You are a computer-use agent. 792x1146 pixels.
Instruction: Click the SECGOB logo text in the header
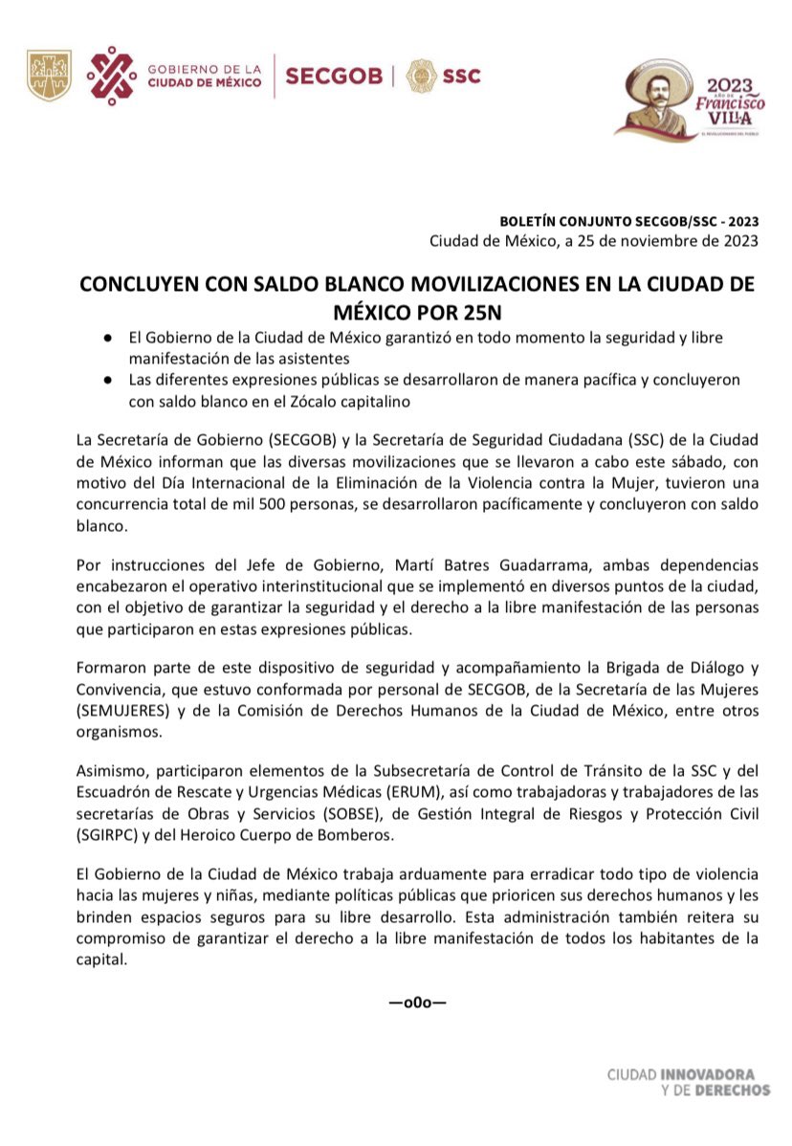(x=334, y=76)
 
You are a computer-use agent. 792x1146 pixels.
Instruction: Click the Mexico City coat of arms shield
(x=49, y=76)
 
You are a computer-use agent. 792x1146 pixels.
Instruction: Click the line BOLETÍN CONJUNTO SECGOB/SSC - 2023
(x=629, y=221)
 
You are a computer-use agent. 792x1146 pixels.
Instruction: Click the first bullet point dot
(x=110, y=340)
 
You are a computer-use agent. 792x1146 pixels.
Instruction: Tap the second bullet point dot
(x=110, y=381)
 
